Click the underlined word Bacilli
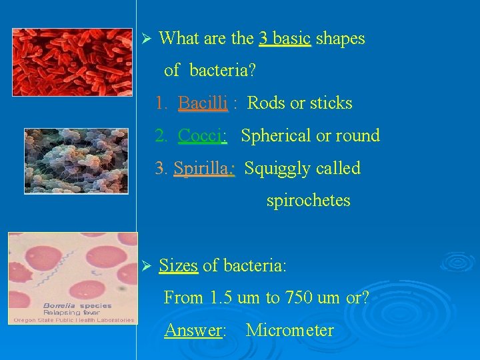[x=203, y=103]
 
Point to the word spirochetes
[x=308, y=201]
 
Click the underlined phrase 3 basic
[x=285, y=39]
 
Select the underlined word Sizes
[x=179, y=266]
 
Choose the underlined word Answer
[x=193, y=330]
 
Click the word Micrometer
[x=289, y=330]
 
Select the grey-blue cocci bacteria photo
[x=76, y=161]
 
